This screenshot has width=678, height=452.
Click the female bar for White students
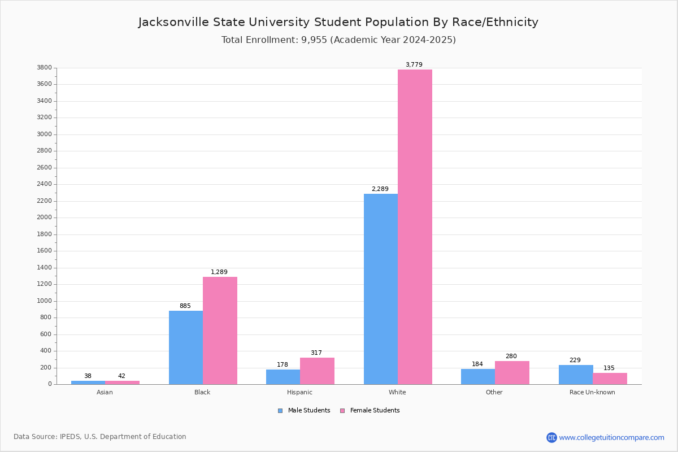pos(415,227)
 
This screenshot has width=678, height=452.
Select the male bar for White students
pos(381,289)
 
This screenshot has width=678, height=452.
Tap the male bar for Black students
pos(186,347)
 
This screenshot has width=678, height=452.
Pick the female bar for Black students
pos(220,331)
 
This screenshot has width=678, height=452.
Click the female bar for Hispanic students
pos(317,371)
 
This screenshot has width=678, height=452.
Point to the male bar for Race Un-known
pos(576,375)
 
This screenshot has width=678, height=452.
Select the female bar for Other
pos(512,372)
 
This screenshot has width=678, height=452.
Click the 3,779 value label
pos(414,64)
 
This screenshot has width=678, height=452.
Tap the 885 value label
pos(185,306)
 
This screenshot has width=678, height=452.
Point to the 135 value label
pos(609,368)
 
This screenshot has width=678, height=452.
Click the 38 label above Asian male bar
pos(88,376)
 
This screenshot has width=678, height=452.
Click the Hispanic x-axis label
pos(299,392)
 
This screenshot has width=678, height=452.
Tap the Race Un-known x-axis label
pos(592,392)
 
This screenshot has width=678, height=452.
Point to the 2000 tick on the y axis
pos(45,218)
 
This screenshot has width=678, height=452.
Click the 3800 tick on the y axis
pos(45,68)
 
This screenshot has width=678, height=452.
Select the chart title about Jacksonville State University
pos(338,22)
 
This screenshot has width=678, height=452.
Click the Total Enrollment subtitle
pos(338,40)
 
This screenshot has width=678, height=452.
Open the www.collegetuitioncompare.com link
pos(611,437)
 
